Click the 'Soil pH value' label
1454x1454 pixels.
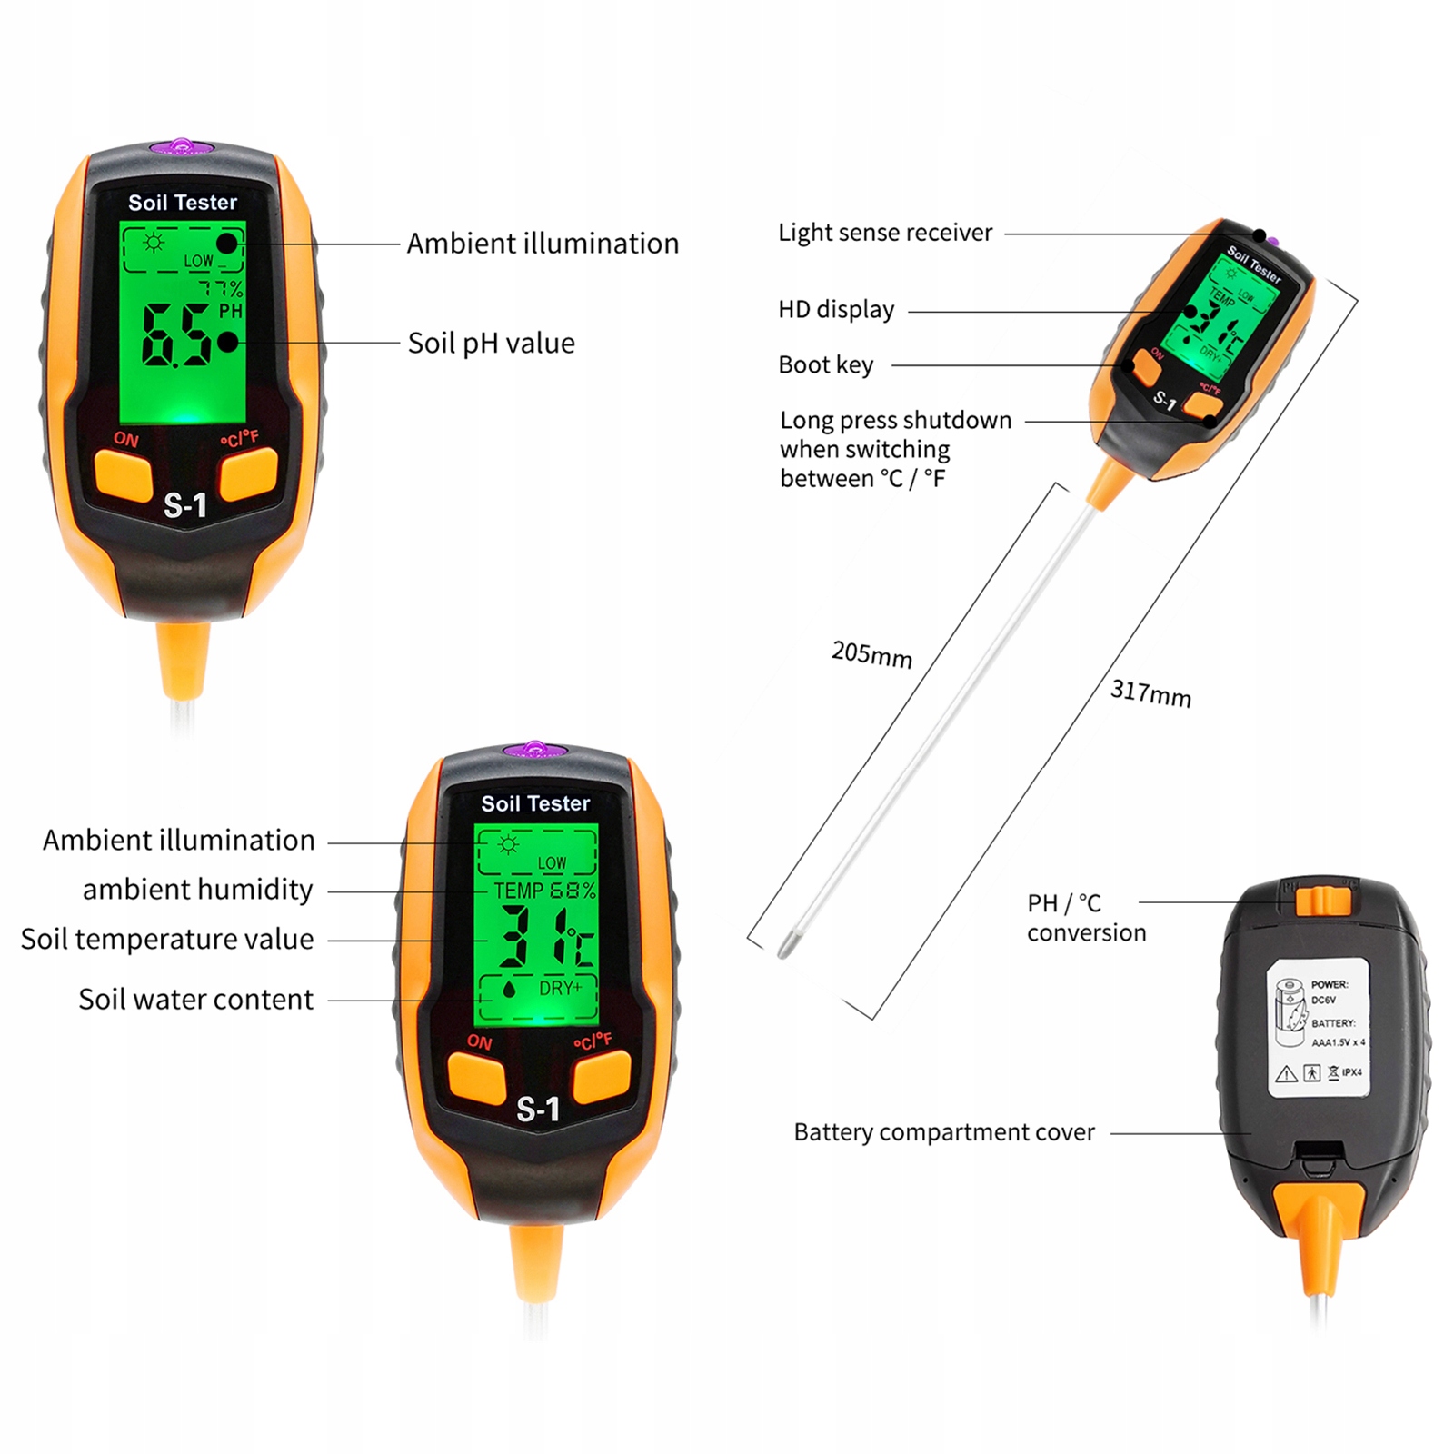491,344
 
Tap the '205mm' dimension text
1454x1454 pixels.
871,654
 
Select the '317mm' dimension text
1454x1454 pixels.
1150,694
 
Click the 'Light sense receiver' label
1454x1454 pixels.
885,233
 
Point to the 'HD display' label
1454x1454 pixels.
836,310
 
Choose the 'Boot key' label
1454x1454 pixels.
825,365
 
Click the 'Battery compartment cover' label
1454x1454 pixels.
944,1132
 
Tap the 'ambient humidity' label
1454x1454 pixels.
197,890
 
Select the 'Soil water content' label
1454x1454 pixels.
195,1000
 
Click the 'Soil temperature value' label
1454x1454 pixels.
167,940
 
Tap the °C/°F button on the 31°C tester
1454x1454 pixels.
602,1075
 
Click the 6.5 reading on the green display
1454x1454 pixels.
175,335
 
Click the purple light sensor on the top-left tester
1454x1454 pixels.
183,146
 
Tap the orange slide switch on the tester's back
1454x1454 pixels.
1322,901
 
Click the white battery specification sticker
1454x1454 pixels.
1318,1028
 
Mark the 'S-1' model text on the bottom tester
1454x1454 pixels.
538,1110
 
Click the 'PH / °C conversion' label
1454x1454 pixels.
1086,918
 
